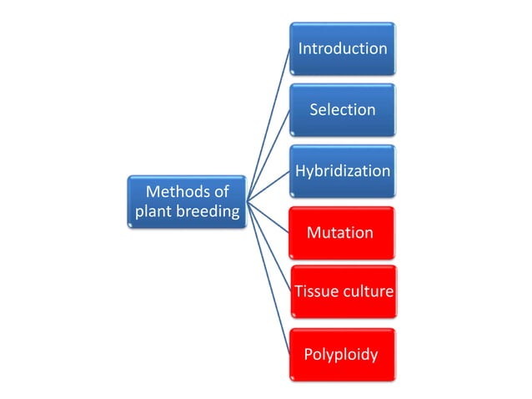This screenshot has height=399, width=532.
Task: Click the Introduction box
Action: [x=342, y=48]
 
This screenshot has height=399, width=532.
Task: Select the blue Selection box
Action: [x=342, y=109]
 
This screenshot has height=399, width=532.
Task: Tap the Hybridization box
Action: [x=342, y=171]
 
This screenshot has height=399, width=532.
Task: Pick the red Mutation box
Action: [x=342, y=232]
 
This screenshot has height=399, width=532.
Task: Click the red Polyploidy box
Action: [x=342, y=355]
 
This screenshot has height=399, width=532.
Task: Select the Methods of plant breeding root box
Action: [x=187, y=201]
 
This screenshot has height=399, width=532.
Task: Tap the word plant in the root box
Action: [x=154, y=212]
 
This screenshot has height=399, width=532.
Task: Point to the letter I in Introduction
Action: [x=300, y=48]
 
